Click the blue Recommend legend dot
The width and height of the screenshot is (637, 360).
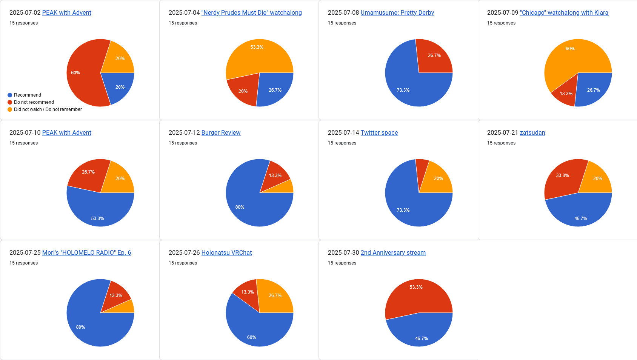click(10, 95)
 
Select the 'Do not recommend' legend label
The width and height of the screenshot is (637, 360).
click(34, 102)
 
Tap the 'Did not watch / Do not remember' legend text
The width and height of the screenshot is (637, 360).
click(48, 109)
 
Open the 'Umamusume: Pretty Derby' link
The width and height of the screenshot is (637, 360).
click(397, 13)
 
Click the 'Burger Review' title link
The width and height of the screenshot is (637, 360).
click(221, 133)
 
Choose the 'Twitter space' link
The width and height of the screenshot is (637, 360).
click(379, 133)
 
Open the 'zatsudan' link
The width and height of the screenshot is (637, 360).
click(532, 133)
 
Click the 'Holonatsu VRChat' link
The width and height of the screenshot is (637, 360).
click(226, 253)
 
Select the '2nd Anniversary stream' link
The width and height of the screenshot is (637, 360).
click(393, 253)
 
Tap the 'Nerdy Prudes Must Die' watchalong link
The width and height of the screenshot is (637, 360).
click(251, 13)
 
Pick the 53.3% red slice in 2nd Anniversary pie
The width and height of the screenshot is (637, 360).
click(417, 296)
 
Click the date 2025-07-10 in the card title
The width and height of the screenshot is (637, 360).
click(25, 133)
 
